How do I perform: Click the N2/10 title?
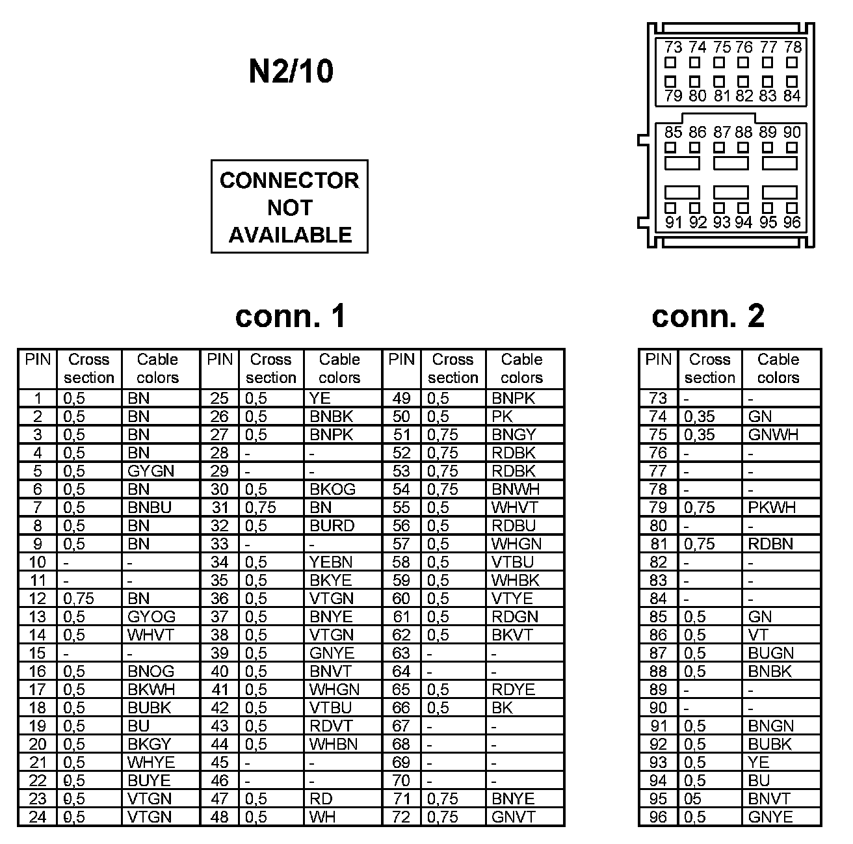[x=291, y=72]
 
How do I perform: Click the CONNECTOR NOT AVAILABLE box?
[x=289, y=207]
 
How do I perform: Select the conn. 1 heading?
[x=290, y=316]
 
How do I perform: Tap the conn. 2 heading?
[x=708, y=316]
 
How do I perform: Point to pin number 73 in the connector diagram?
[x=673, y=47]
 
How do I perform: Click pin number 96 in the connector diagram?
[x=791, y=222]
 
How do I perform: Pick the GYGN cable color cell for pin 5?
[x=150, y=471]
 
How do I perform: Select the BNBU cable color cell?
[x=149, y=507]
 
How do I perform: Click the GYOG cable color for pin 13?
[x=151, y=616]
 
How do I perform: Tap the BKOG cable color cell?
[x=332, y=489]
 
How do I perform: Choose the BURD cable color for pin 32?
[x=332, y=525]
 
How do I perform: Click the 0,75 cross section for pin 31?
[x=260, y=507]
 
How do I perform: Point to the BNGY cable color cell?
[x=514, y=434]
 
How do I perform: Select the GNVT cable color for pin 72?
[x=513, y=817]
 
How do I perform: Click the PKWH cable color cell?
[x=772, y=507]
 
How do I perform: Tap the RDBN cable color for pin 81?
[x=770, y=544]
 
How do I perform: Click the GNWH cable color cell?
[x=773, y=434]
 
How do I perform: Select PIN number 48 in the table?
[x=220, y=817]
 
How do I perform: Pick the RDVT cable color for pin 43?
[x=330, y=726]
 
